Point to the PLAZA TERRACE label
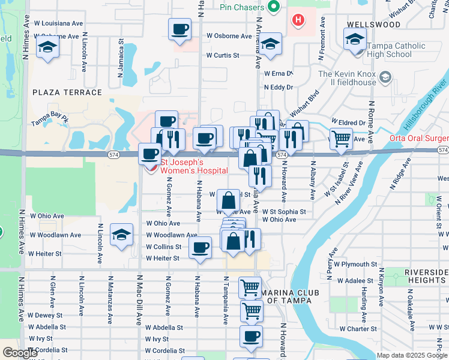pos(67,92)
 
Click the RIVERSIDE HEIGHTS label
pos(426,276)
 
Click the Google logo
pos(20,353)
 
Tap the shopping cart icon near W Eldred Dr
pos(341,139)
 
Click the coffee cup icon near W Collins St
pos(200,247)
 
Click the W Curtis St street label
pos(222,55)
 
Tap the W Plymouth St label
pos(355,264)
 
